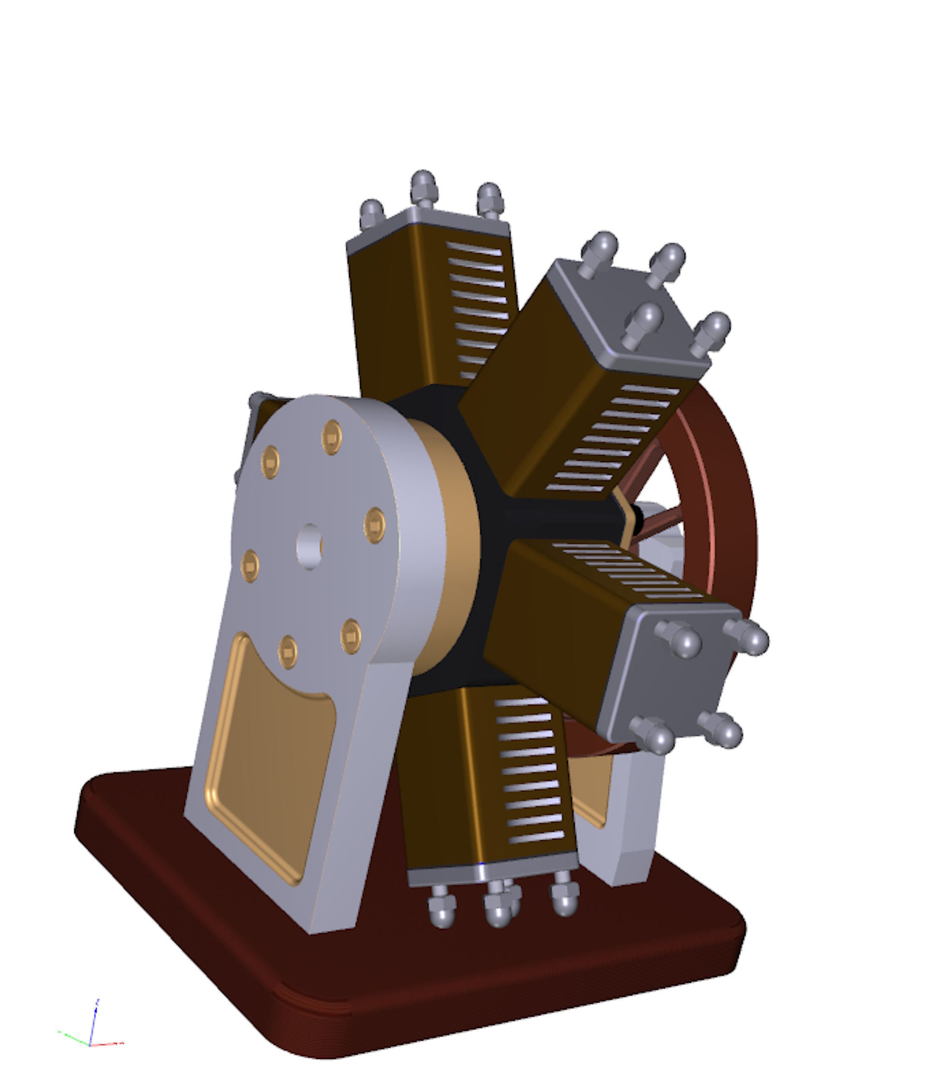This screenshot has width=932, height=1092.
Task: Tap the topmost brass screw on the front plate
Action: click(x=332, y=436)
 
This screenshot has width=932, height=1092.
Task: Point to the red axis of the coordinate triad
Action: click(x=108, y=1043)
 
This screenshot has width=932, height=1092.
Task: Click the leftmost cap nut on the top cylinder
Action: click(x=372, y=212)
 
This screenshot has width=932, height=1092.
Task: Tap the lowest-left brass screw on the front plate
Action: click(x=287, y=652)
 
